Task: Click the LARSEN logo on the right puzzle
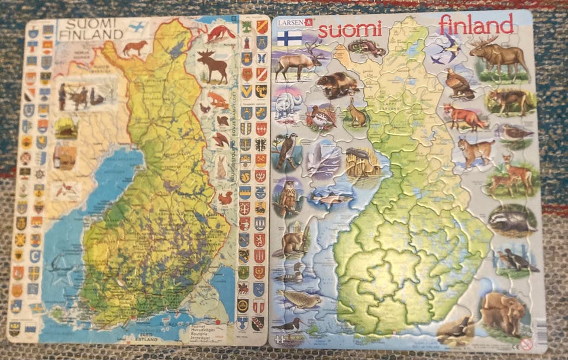coord(293,24)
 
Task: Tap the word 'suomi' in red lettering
coord(350,29)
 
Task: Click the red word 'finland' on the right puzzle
coord(476,25)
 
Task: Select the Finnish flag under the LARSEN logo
coord(289,38)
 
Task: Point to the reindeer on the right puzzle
coord(299,61)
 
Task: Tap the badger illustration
coord(511,221)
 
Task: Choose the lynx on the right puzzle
coord(475,151)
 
